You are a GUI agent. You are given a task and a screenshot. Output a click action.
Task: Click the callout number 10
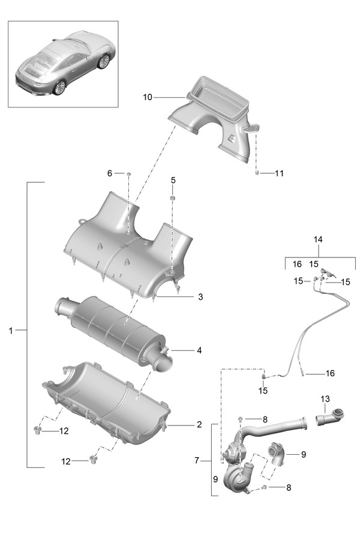[x=148, y=97]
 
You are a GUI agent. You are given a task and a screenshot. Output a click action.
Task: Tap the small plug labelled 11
[x=257, y=173]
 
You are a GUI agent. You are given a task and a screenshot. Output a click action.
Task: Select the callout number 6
[x=110, y=173]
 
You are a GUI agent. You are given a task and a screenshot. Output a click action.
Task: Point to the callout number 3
[x=200, y=297]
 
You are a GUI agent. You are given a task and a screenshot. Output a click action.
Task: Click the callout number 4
[x=199, y=350]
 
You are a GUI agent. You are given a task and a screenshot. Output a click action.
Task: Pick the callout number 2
[x=199, y=425]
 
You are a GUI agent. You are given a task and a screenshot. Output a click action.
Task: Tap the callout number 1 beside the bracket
[x=11, y=331]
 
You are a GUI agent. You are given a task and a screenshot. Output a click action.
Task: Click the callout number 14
[x=318, y=239]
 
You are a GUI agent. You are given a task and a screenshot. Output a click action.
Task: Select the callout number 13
[x=325, y=399]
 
